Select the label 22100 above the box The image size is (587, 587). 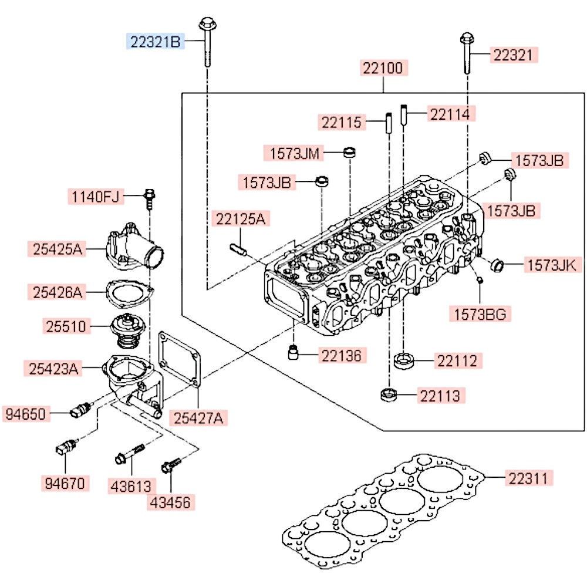[382, 69]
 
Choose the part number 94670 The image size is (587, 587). [65, 484]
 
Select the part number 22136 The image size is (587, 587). [342, 355]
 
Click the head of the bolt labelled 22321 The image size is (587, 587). [467, 39]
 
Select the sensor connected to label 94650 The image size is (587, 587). [80, 410]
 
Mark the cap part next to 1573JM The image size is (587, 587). [349, 153]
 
